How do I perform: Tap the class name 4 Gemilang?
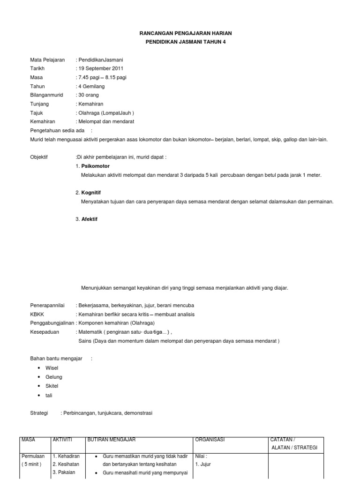pyautogui.click(x=92, y=86)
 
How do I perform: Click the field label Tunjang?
pyautogui.click(x=39, y=104)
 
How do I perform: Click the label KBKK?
pyautogui.click(x=37, y=314)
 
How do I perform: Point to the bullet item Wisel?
pyautogui.click(x=52, y=368)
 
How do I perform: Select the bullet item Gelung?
pyautogui.click(x=54, y=377)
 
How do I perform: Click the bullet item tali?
pyautogui.click(x=49, y=395)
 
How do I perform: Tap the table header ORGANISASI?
pyautogui.click(x=210, y=439)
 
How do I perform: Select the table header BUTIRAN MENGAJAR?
pyautogui.click(x=112, y=439)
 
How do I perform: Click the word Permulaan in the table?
pyautogui.click(x=32, y=456)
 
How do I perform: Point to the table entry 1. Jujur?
pyautogui.click(x=203, y=465)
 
